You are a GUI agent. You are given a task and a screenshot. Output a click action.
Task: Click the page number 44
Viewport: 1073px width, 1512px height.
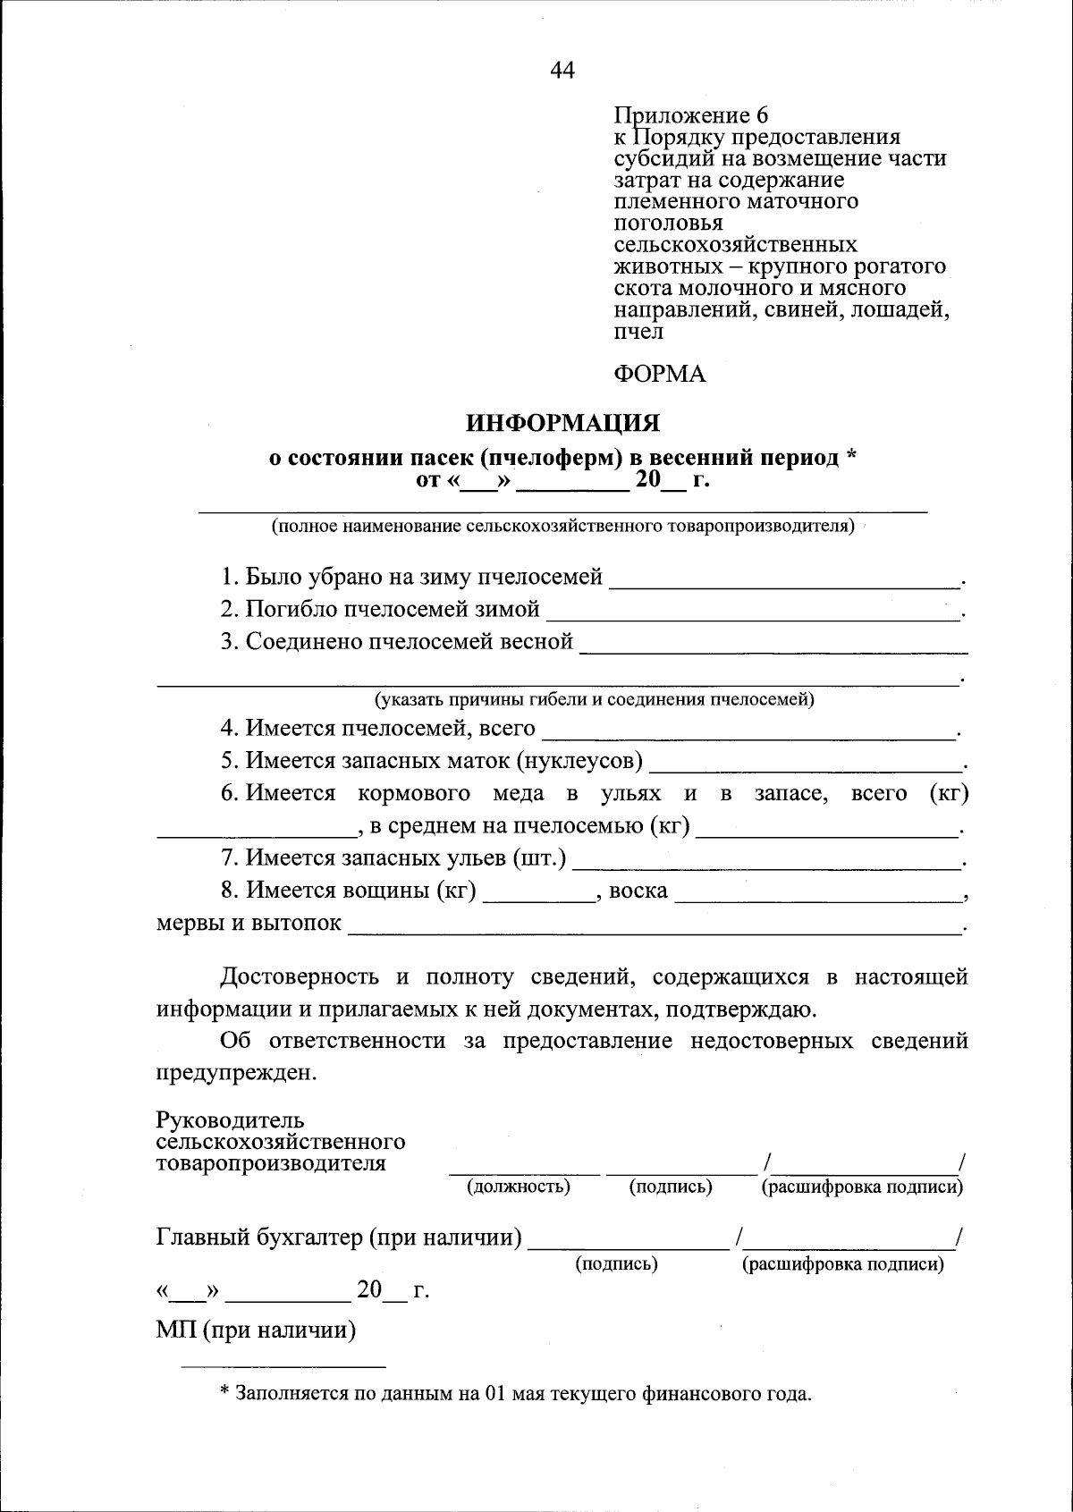562,71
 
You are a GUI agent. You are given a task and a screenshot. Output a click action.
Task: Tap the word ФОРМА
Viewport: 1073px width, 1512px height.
659,374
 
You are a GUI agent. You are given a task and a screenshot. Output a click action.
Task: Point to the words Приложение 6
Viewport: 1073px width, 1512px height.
690,115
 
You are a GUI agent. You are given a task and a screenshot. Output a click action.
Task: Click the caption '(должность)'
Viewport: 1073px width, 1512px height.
519,1187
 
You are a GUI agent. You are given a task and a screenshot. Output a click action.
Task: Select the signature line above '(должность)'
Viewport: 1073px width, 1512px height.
524,1170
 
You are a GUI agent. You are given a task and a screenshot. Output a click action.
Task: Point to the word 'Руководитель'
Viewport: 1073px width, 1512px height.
231,1120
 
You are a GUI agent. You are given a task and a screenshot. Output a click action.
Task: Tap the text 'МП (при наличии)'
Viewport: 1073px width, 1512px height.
256,1330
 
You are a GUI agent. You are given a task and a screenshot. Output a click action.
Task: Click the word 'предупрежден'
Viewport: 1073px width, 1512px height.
235,1073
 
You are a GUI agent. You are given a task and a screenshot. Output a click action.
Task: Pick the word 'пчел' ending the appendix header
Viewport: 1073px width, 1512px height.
638,332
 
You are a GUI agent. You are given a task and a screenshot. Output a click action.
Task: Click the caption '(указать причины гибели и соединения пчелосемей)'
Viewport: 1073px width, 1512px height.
595,699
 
